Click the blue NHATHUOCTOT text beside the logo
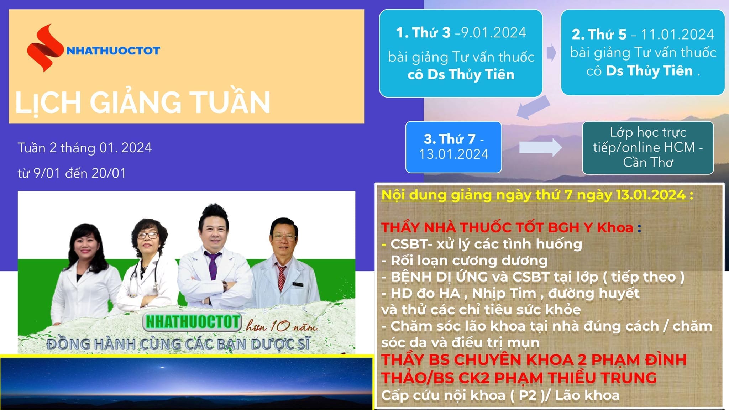coord(113,51)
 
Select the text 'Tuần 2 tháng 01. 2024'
coord(85,148)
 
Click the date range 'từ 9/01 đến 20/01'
coord(72,173)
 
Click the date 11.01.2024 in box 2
coord(677,35)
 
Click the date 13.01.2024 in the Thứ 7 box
coord(453,154)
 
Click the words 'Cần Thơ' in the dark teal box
coord(648,162)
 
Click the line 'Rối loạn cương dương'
coord(469,261)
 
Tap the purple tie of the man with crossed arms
coord(213,265)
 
